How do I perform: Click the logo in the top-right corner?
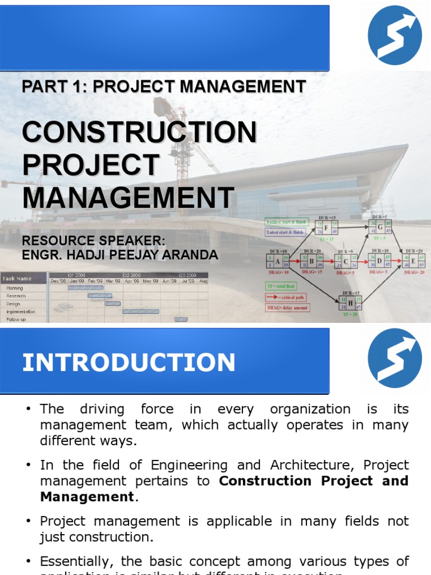coord(395,35)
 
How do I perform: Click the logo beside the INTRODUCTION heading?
coord(395,358)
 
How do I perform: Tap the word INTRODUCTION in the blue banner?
coord(129,363)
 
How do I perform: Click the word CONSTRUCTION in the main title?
coord(139,133)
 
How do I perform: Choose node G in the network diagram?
coord(380,227)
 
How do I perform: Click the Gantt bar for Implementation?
coord(140,311)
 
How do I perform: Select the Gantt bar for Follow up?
coord(181,319)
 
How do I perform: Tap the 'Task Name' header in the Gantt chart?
coord(17,279)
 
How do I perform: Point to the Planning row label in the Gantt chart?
coord(15,287)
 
